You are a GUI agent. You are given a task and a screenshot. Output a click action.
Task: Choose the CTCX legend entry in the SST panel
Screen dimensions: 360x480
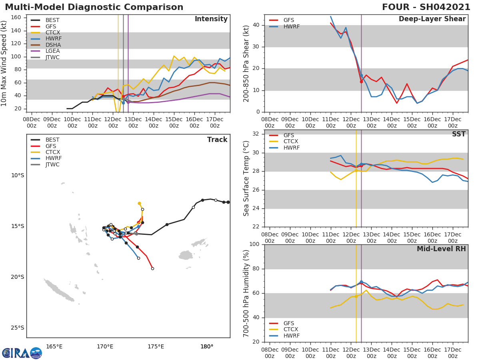(x=291, y=142)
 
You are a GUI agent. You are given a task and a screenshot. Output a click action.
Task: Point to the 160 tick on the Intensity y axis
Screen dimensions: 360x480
(x=21, y=17)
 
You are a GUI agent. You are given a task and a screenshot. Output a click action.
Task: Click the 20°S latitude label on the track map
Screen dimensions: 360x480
(x=17, y=277)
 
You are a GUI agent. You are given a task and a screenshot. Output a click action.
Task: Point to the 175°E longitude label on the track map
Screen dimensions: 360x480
(x=156, y=346)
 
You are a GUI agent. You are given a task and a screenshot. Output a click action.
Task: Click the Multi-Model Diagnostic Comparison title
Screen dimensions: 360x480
(x=94, y=7)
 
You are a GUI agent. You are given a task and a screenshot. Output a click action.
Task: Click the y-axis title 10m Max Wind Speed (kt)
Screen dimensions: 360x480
(x=4, y=63)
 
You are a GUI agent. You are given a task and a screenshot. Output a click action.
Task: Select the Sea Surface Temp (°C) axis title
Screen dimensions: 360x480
(x=246, y=178)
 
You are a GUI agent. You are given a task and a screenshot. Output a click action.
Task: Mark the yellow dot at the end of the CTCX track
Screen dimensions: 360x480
(x=139, y=203)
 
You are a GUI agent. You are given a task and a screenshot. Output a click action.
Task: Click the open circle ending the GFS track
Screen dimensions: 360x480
(x=152, y=268)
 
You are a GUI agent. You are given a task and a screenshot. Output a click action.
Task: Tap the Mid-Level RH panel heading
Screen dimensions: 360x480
(x=441, y=249)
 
